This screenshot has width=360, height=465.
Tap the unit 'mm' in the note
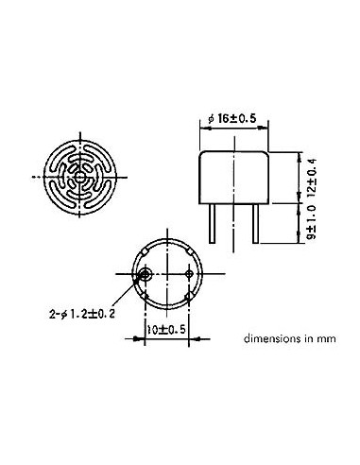pos(321,336)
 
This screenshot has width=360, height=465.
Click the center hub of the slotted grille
pos(82,177)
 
